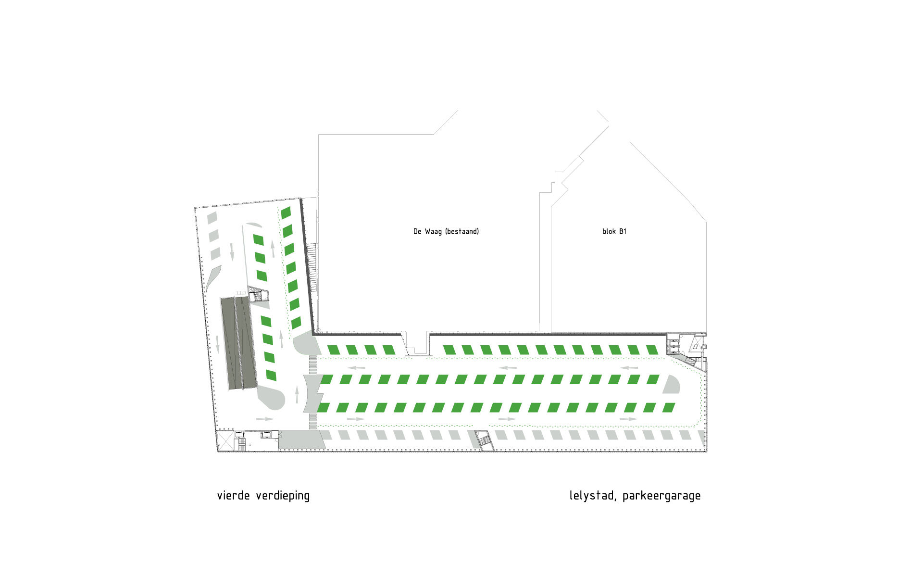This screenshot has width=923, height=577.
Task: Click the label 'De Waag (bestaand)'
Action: click(446, 232)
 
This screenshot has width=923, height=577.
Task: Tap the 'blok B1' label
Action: click(614, 232)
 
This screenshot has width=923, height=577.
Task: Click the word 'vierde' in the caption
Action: click(234, 495)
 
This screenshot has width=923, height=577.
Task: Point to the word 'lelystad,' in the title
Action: click(592, 496)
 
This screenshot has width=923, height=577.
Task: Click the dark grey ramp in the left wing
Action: click(238, 343)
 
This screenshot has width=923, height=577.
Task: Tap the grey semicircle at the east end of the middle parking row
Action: click(672, 384)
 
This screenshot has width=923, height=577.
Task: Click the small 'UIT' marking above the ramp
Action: click(241, 293)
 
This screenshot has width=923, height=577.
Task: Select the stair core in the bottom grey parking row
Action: click(485, 440)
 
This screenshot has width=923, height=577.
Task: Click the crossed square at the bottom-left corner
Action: click(225, 440)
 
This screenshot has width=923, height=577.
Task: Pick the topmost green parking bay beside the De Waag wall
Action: click(286, 213)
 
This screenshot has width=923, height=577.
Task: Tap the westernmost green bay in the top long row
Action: click(334, 350)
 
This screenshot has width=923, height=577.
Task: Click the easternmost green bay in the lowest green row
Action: click(669, 408)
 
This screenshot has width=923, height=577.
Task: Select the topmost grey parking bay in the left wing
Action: click(212, 218)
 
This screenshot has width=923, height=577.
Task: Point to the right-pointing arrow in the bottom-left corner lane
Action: click(265, 419)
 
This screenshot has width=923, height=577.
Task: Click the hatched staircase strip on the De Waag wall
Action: click(312, 267)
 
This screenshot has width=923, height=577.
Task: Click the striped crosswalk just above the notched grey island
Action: click(313, 365)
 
